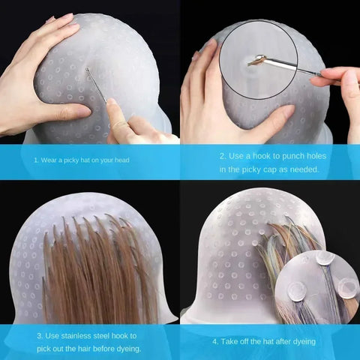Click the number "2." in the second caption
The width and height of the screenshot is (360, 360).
click(223, 156)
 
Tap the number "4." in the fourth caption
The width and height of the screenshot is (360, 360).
click(215, 341)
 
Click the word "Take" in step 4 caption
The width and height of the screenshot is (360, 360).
click(232, 341)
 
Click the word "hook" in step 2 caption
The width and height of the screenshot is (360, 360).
click(268, 156)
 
